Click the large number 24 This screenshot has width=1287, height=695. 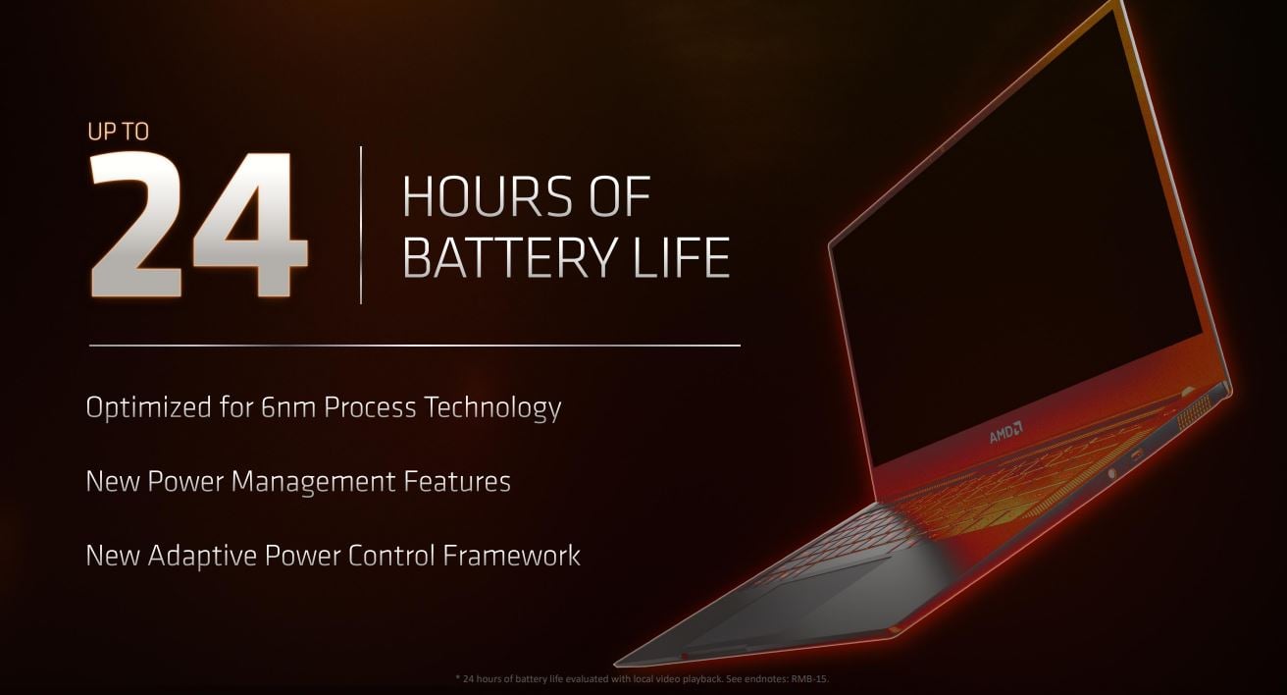pyautogui.click(x=199, y=225)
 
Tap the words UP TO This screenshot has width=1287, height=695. pyautogui.click(x=119, y=133)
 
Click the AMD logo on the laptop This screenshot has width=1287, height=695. pyautogui.click(x=1006, y=434)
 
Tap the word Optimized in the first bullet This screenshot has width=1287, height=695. pyautogui.click(x=149, y=408)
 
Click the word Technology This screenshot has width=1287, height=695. pyautogui.click(x=493, y=408)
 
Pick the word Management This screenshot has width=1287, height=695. pyautogui.click(x=313, y=482)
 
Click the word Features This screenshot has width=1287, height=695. pyautogui.click(x=457, y=482)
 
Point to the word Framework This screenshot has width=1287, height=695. pyautogui.click(x=511, y=556)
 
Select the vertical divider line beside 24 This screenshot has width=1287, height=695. pyautogui.click(x=361, y=225)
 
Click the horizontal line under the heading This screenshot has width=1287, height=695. pyautogui.click(x=415, y=346)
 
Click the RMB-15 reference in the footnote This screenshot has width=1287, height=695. pyautogui.click(x=809, y=679)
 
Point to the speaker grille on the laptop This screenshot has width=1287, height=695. pyautogui.click(x=1192, y=412)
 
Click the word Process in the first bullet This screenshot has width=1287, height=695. pyautogui.click(x=370, y=407)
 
